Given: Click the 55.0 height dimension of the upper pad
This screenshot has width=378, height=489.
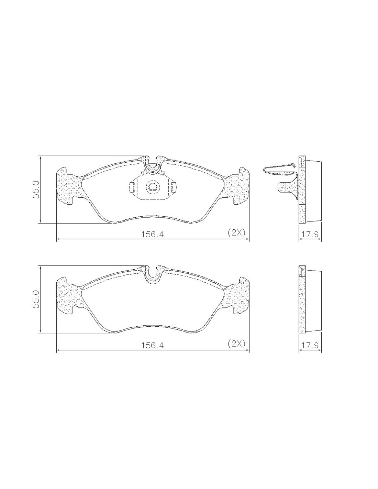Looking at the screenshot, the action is (36, 189).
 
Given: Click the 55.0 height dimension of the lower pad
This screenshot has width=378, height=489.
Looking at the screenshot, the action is (36, 299).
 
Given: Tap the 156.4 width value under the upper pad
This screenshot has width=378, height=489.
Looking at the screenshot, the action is (153, 234).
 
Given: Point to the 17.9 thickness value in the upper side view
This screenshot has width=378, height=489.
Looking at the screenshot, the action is (310, 234).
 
